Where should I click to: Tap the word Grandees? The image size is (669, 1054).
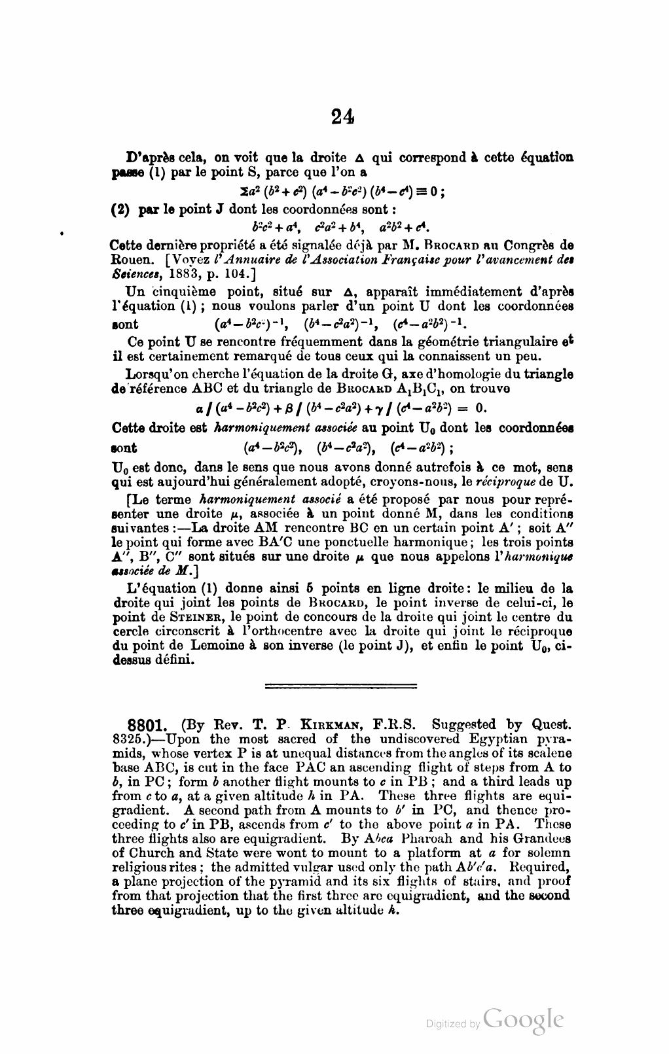tap(545, 839)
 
